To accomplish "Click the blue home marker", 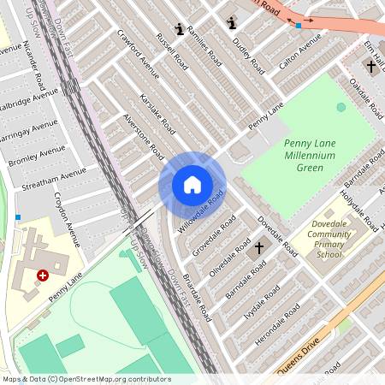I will [192, 185].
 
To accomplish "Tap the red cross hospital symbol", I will [43, 275].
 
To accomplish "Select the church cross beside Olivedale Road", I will [260, 248].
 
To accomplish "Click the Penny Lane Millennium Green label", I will [304, 154].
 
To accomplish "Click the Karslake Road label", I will [157, 115].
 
